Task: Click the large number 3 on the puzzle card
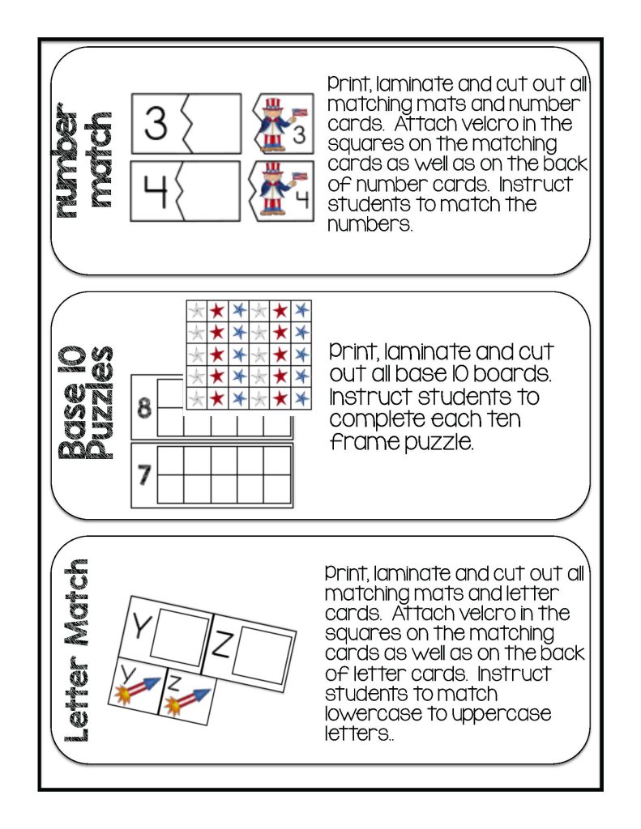pyautogui.click(x=156, y=124)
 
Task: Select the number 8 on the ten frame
pyautogui.click(x=145, y=409)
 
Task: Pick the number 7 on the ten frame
pyautogui.click(x=145, y=475)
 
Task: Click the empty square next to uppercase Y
pyautogui.click(x=179, y=637)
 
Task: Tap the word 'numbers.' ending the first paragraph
pyautogui.click(x=370, y=224)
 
